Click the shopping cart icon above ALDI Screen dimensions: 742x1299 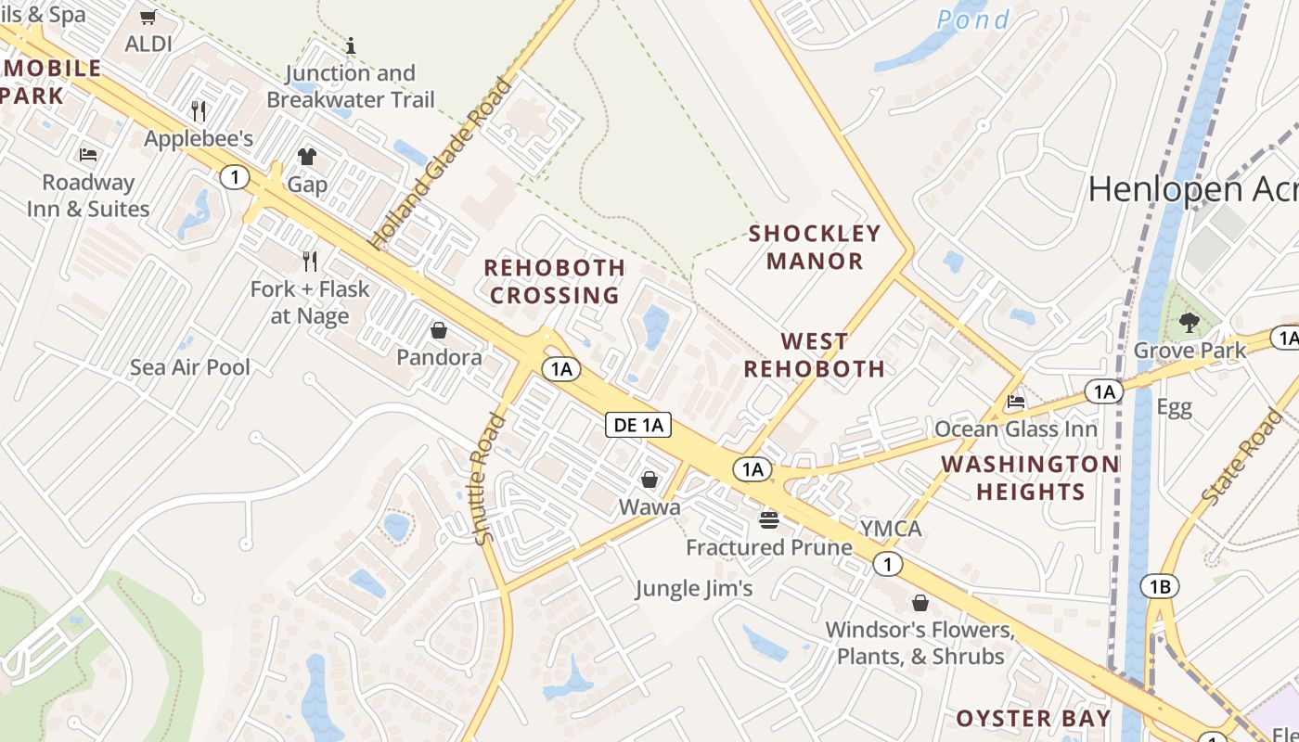148,18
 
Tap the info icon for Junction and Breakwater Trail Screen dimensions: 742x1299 351,45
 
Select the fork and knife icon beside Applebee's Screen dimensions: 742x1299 199,111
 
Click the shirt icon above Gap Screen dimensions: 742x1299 307,156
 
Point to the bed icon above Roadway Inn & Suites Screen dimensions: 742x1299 88,154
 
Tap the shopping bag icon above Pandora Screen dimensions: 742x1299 438,330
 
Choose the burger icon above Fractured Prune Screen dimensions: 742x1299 768,520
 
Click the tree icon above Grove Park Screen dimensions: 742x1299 1189,323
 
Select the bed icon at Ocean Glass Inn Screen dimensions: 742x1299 1016,402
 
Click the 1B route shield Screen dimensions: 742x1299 1160,585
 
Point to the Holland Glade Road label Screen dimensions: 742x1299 441,164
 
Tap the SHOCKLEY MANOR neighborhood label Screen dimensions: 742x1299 815,247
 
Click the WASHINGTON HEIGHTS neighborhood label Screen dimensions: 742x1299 1030,478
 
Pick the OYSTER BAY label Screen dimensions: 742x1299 1033,718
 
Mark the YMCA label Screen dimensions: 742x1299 891,529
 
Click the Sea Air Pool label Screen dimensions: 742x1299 190,367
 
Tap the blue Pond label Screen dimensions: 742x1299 972,19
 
